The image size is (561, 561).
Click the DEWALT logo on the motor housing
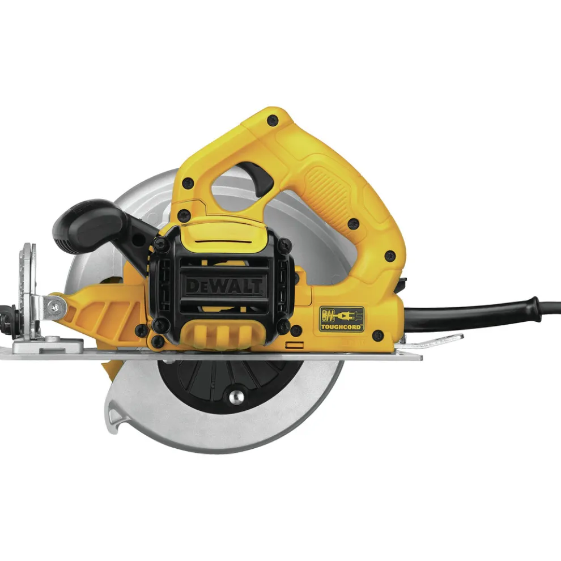click(224, 286)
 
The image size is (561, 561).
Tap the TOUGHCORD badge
click(342, 319)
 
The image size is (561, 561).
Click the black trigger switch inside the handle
click(255, 178)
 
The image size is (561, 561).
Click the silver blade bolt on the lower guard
click(236, 397)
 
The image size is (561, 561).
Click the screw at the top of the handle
click(273, 120)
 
